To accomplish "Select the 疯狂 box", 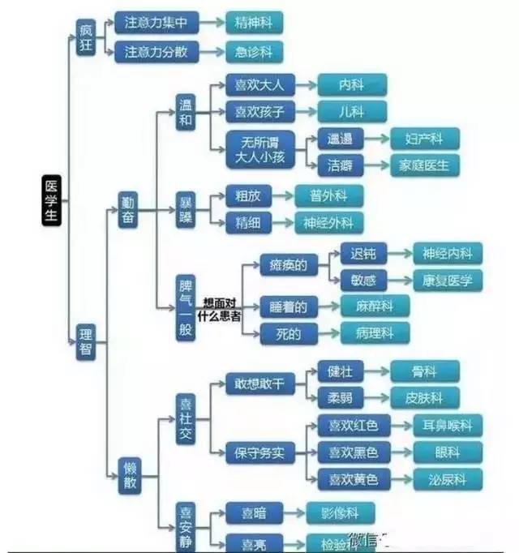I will click(86, 36).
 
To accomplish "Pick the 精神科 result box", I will click(254, 24).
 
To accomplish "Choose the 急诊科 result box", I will click(254, 53).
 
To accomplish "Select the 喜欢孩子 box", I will click(259, 112).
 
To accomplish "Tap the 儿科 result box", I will click(352, 112).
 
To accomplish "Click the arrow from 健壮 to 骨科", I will click(374, 372).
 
